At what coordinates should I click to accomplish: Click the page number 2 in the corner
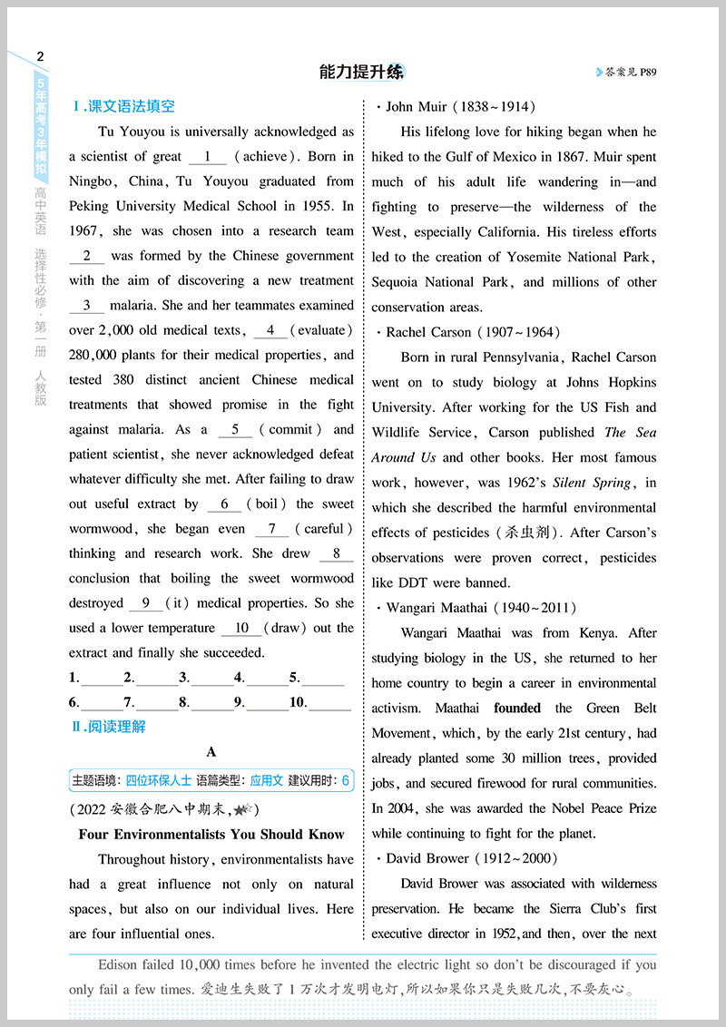tap(39, 56)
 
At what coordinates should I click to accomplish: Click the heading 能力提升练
tap(361, 72)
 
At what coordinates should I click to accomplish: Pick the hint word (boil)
tap(266, 504)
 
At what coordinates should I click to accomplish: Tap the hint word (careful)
tap(324, 529)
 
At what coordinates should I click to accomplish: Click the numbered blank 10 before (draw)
tap(241, 628)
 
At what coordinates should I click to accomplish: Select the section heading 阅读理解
tap(115, 726)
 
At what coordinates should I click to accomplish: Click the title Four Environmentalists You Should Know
tap(211, 835)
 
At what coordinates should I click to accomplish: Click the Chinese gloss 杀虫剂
tap(519, 533)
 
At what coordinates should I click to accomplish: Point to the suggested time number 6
tap(345, 779)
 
